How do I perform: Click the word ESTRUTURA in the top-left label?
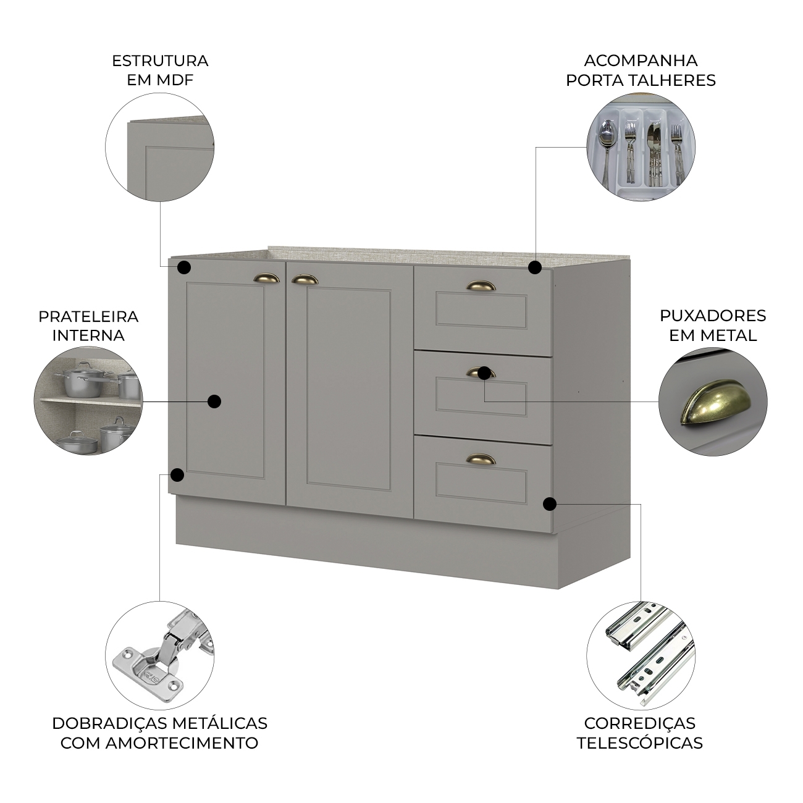(160, 61)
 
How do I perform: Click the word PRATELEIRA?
(88, 317)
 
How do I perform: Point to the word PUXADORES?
(713, 316)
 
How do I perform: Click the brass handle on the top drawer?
(481, 286)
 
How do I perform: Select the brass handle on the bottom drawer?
(481, 459)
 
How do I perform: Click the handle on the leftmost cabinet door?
(267, 279)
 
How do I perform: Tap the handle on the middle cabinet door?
(305, 279)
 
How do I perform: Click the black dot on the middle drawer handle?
(484, 373)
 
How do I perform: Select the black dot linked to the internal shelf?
(214, 401)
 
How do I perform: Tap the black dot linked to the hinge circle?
(177, 474)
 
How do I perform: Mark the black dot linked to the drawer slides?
(550, 504)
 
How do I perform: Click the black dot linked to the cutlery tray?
(535, 267)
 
